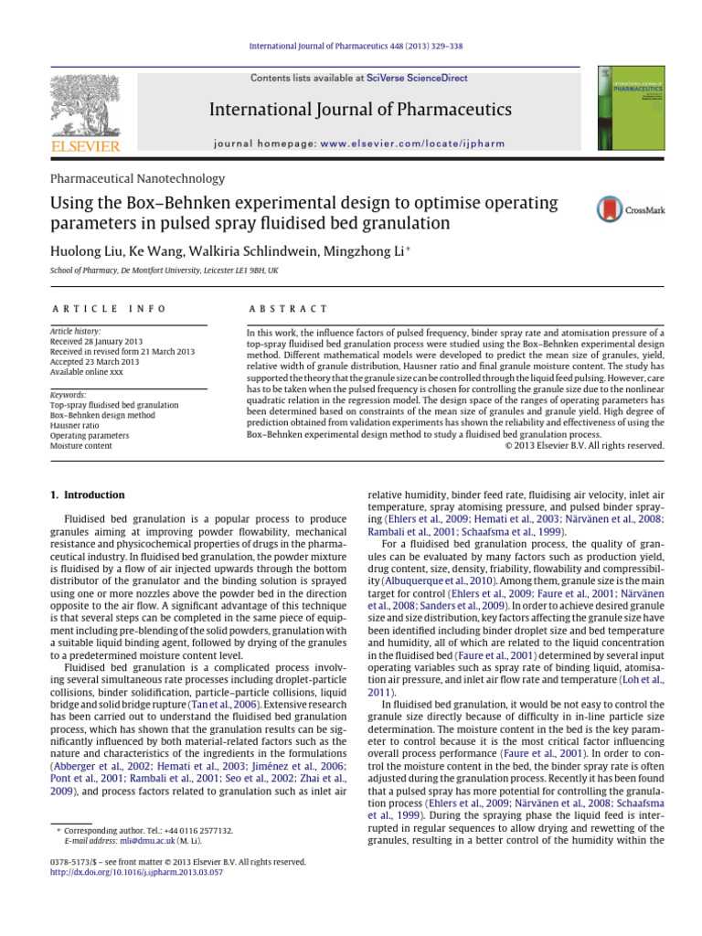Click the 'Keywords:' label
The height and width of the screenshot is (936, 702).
point(69,395)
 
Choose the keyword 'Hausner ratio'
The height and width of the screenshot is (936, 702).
point(76,425)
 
